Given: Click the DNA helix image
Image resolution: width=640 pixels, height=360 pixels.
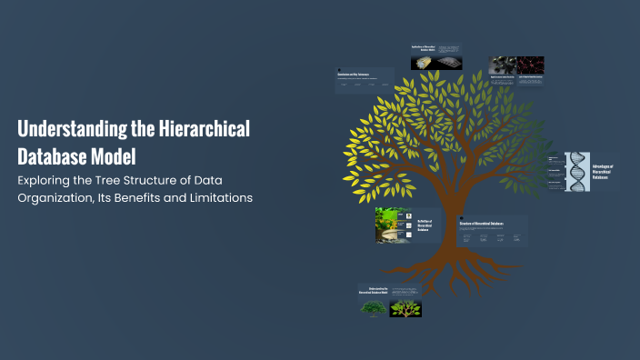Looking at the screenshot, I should point(577,172).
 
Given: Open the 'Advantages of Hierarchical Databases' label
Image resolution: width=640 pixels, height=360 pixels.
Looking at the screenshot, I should point(603,172).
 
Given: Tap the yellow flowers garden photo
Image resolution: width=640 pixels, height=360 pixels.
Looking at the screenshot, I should point(393,225).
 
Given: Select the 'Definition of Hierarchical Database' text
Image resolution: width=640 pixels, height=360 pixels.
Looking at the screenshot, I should point(425,225).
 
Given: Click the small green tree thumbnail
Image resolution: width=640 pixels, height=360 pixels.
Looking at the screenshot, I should point(373,308).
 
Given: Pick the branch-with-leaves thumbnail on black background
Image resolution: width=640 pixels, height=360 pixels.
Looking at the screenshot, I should point(405,308).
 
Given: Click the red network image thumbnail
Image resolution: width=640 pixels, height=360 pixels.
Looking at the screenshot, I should point(530,65).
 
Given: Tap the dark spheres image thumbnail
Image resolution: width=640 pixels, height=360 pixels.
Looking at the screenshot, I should point(502,65).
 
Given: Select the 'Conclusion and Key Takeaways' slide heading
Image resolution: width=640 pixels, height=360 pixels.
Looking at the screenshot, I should point(356,74).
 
